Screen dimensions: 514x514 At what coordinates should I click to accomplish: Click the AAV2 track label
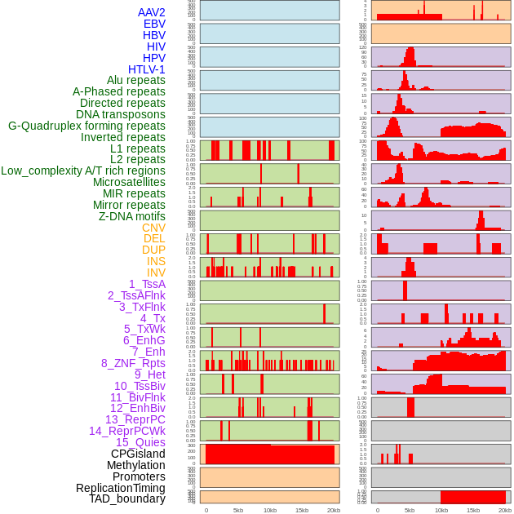pyautogui.click(x=151, y=12)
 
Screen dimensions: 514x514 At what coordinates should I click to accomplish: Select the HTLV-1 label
pyautogui.click(x=146, y=69)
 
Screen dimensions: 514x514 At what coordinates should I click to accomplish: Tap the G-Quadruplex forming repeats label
pyautogui.click(x=86, y=126)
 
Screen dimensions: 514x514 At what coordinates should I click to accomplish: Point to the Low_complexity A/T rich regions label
pyautogui.click(x=83, y=171)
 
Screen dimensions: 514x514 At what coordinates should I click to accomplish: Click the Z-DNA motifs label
pyautogui.click(x=131, y=216)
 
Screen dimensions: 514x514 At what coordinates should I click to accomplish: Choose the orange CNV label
pyautogui.click(x=153, y=228)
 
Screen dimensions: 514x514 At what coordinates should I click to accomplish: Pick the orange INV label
pyautogui.click(x=156, y=273)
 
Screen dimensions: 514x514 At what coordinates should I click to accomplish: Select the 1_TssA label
pyautogui.click(x=147, y=284)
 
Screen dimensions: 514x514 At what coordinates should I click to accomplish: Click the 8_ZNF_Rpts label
pyautogui.click(x=133, y=363)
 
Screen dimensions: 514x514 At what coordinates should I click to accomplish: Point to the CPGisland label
pyautogui.click(x=138, y=454)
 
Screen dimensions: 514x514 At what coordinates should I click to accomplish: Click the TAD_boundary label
pyautogui.click(x=126, y=498)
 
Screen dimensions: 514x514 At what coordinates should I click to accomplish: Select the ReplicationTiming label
pyautogui.click(x=120, y=488)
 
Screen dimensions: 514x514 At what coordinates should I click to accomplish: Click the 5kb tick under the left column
pyautogui.click(x=238, y=510)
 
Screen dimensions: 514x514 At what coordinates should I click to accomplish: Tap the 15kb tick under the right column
pyautogui.click(x=473, y=510)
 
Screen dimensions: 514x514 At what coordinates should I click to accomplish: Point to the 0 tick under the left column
pyautogui.click(x=206, y=510)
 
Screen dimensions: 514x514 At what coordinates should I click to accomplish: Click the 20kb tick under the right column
pyautogui.click(x=505, y=510)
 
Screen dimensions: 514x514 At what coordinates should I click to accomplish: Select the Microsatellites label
pyautogui.click(x=129, y=182)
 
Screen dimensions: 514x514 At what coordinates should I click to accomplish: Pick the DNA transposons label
pyautogui.click(x=121, y=114)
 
